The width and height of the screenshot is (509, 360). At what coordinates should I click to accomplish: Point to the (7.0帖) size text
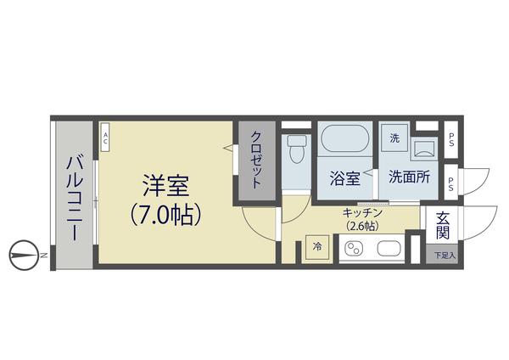165,214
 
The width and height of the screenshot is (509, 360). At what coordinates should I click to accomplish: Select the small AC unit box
105,138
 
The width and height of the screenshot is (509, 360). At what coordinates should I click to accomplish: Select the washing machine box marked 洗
394,138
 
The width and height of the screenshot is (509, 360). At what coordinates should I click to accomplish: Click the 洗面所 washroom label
409,178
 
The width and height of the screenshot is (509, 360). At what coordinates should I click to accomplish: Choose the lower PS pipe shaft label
451,182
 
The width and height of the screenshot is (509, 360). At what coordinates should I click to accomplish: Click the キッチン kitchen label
364,212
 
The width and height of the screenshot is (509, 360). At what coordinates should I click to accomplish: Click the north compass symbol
26,254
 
